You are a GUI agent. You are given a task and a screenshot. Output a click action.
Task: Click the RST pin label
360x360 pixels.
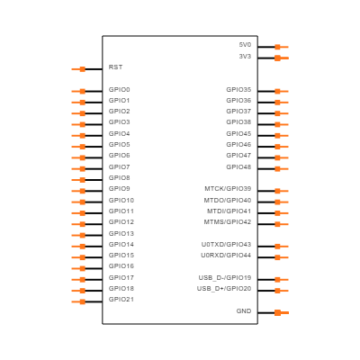[115, 67]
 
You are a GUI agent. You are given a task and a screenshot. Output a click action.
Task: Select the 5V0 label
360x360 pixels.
[245, 45]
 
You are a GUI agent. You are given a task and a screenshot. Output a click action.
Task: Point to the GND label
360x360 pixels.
[244, 311]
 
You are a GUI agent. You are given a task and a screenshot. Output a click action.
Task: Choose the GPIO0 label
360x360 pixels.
[120, 90]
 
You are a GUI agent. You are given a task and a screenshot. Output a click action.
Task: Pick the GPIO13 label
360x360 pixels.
[121, 234]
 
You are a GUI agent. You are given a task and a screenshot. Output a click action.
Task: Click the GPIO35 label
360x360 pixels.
[238, 90]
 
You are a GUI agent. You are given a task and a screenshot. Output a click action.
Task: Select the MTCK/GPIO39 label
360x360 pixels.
[228, 189]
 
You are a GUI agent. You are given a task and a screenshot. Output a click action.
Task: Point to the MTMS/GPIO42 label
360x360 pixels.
[228, 222]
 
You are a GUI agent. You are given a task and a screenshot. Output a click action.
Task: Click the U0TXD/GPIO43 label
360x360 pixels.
[226, 245]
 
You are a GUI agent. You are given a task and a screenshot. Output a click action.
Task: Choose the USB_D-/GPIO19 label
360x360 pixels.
[225, 278]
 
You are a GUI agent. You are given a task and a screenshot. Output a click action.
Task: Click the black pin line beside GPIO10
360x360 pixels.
[94, 202]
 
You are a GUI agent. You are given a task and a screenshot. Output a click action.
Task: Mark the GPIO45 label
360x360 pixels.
[238, 134]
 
